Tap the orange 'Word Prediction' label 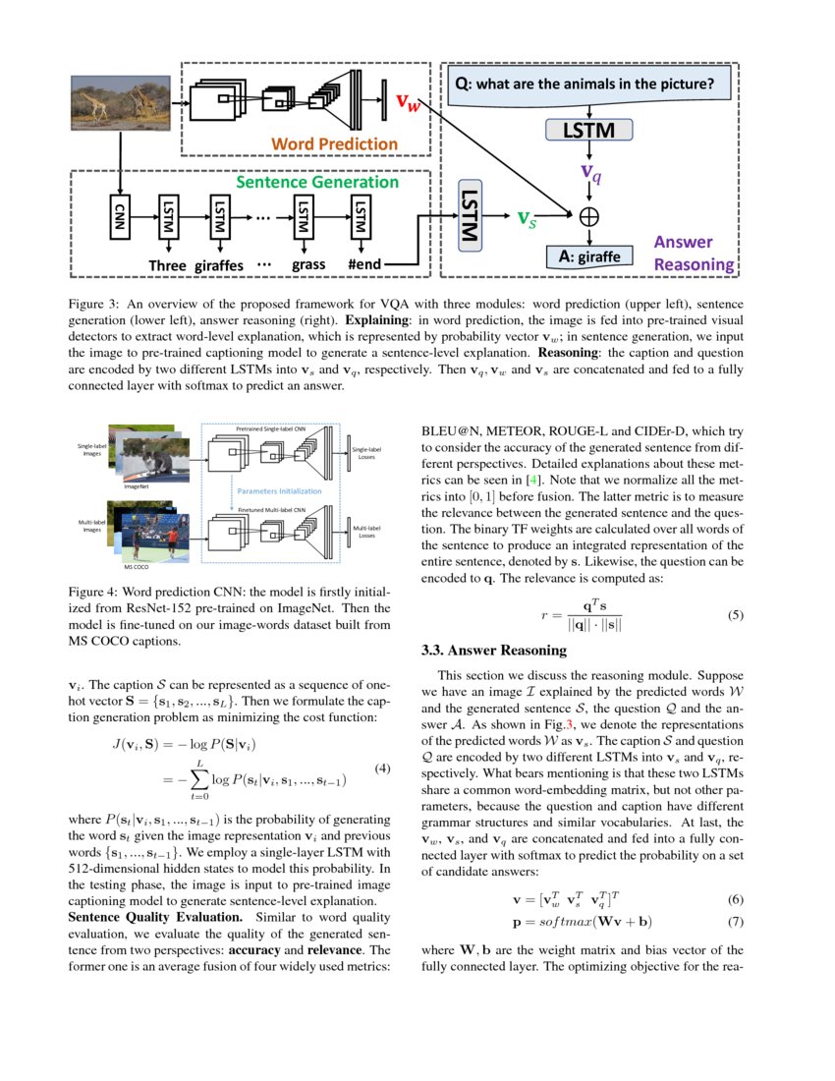[x=334, y=143]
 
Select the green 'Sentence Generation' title [x=316, y=182]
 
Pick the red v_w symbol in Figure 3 [x=408, y=101]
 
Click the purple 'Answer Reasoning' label [x=694, y=253]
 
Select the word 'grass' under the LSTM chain [x=308, y=264]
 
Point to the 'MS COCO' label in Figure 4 [x=136, y=566]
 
